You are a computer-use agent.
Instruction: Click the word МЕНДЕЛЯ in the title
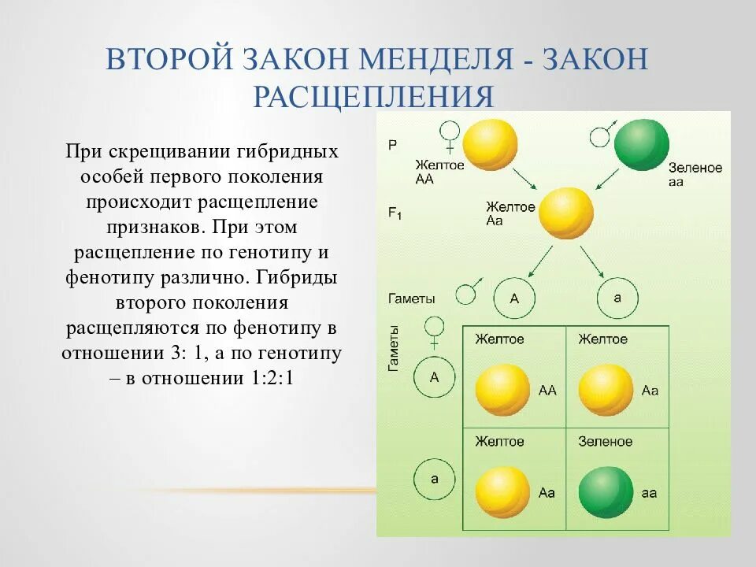(432, 61)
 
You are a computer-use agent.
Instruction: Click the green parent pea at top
(642, 145)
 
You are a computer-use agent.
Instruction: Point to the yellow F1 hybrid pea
(565, 213)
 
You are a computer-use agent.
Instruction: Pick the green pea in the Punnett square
(606, 491)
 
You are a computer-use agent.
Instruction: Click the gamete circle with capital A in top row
(514, 298)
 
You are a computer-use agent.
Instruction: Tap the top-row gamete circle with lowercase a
(617, 298)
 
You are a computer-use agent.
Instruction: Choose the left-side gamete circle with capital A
(434, 377)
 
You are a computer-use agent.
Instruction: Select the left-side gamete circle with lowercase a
(434, 479)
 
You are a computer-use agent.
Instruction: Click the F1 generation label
(395, 213)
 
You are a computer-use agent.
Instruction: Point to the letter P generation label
(392, 145)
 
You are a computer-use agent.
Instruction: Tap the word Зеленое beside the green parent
(695, 168)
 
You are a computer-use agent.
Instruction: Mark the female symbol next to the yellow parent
(450, 135)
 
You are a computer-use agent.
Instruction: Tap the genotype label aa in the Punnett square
(649, 492)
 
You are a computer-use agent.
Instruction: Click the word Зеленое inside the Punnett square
(605, 441)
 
